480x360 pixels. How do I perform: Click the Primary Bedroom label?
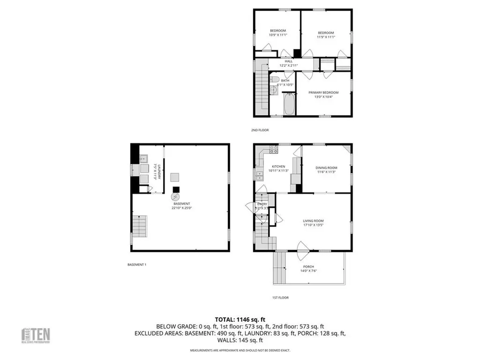323,92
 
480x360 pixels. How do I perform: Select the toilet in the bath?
274,79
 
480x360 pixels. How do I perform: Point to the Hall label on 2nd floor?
288,61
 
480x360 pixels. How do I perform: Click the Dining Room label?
327,167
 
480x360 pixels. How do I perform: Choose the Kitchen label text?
278,166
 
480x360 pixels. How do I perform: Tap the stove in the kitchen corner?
274,150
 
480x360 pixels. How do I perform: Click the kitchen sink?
259,176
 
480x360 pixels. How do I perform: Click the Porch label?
308,267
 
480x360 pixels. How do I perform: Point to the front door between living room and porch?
301,247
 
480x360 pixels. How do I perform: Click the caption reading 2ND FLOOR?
260,130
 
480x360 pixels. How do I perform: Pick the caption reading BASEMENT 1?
137,264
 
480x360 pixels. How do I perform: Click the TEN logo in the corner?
37,335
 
